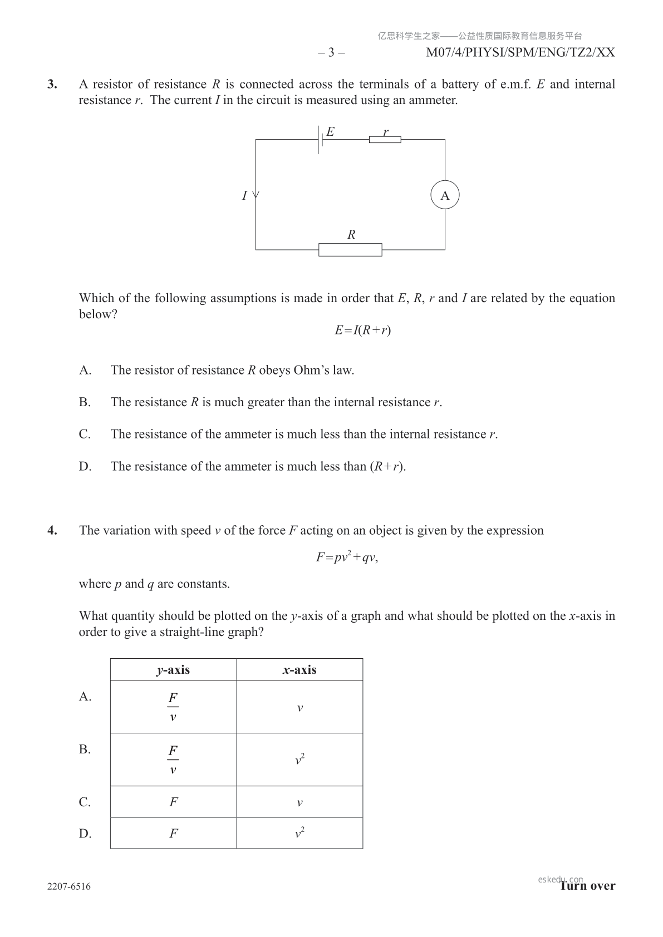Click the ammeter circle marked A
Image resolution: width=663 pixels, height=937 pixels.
click(445, 196)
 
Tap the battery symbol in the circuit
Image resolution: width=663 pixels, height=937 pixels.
click(320, 140)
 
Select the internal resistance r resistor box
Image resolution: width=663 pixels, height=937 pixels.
click(385, 140)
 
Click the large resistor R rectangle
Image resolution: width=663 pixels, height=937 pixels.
click(350, 250)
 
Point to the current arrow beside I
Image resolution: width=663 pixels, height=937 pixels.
click(256, 195)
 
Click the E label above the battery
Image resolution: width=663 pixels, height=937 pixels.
click(330, 131)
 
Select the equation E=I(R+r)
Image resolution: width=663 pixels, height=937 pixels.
click(362, 330)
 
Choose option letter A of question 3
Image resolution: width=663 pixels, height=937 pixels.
click(85, 370)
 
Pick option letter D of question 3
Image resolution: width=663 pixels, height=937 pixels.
click(85, 466)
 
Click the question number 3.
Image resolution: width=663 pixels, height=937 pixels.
click(52, 85)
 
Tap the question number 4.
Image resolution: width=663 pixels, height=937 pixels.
click(52, 530)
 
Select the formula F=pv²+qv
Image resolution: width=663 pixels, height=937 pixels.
click(347, 557)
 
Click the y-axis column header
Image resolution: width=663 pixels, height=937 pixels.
click(173, 670)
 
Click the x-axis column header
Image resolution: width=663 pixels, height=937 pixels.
click(299, 670)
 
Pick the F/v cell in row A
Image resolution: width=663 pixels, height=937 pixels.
click(173, 707)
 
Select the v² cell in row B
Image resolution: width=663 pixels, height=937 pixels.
click(299, 760)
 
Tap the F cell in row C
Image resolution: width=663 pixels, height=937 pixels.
click(173, 802)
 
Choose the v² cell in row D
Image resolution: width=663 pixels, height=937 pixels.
click(299, 833)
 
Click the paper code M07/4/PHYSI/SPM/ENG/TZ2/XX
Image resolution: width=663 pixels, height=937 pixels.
click(520, 52)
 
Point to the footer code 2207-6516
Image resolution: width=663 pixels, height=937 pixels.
click(69, 886)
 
